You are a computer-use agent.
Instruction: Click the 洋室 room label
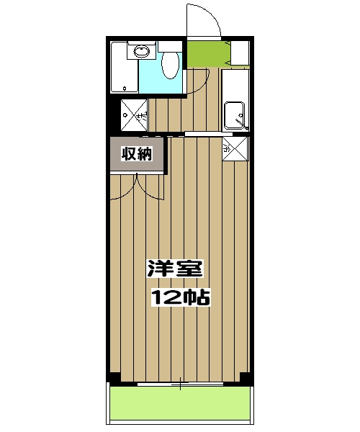[x=176, y=269]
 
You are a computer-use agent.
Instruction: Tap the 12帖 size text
[x=181, y=296]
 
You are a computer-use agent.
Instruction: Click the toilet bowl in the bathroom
[x=171, y=66]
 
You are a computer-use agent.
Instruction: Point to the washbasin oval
[x=142, y=51]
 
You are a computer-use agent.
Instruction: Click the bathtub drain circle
[x=125, y=89]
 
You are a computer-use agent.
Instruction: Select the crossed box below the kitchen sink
[x=235, y=149]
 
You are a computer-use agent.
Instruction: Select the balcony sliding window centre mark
[x=180, y=384]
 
